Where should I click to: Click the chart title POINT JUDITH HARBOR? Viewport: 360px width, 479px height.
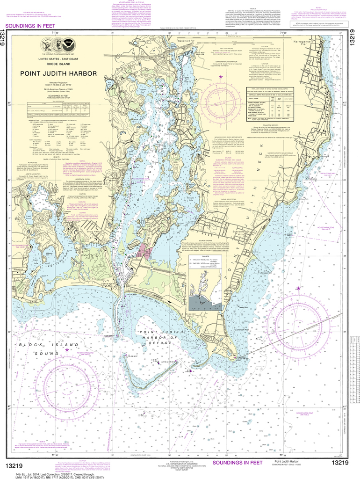[58, 73]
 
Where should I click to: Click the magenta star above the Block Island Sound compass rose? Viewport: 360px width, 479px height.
[67, 349]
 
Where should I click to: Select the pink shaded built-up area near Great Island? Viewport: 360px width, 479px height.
[145, 253]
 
